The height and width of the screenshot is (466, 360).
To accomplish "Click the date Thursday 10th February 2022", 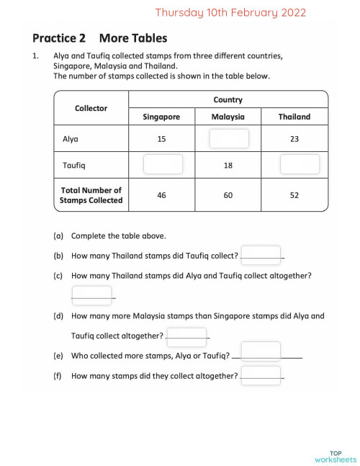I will (230, 12).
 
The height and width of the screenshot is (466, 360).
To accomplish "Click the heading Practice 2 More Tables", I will (99, 38).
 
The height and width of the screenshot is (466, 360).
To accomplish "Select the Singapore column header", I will (161, 117).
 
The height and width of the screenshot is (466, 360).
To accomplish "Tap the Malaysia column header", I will (228, 117).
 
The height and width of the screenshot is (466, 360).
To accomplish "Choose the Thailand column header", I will (294, 117).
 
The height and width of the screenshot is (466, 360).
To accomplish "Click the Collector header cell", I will (91, 108).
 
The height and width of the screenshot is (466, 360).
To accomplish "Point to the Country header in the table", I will (228, 100).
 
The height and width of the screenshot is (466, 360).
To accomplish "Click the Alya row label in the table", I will (71, 139).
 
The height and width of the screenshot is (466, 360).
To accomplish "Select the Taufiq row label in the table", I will (74, 165).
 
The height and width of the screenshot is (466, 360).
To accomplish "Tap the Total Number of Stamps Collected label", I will (91, 195).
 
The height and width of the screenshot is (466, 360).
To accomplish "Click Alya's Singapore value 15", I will (161, 139).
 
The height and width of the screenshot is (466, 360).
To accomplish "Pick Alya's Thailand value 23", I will (294, 139).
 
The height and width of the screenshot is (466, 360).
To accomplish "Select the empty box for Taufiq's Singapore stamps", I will (163, 164).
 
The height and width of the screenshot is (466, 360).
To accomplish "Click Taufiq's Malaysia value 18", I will (228, 165).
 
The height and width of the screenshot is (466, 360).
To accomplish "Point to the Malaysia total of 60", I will (228, 195).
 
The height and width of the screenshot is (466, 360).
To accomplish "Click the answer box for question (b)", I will (261, 254).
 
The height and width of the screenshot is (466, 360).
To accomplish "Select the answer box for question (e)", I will (261, 351).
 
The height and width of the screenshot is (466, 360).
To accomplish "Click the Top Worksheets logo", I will (336, 455).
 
